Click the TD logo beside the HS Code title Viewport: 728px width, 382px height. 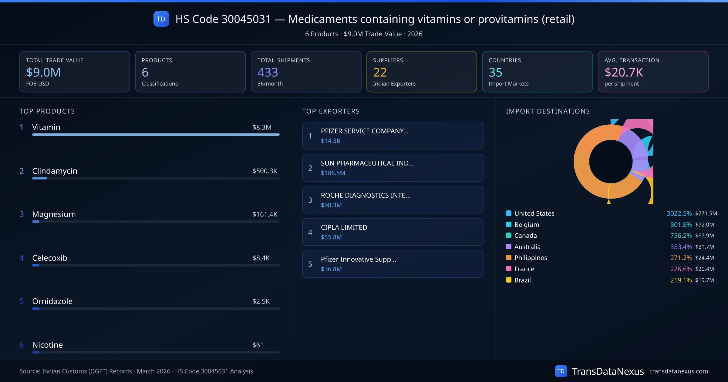[x=161, y=19]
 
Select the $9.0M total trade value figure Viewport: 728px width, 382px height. [x=43, y=72]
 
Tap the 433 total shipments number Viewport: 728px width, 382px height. [x=268, y=72]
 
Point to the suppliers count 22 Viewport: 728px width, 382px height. [x=380, y=72]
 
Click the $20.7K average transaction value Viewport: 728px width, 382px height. [x=624, y=72]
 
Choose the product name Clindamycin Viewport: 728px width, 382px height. [x=55, y=171]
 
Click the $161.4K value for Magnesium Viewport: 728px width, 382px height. [x=265, y=214]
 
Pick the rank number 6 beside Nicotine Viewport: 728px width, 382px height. [x=22, y=345]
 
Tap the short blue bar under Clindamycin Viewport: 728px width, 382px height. [x=39, y=178]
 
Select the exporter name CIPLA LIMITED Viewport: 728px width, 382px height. [x=344, y=227]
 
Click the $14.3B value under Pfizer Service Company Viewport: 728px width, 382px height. [x=330, y=141]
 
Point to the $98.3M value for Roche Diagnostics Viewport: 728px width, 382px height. [x=331, y=205]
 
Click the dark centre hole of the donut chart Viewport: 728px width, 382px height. [x=610, y=162]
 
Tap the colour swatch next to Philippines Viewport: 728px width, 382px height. [x=509, y=258]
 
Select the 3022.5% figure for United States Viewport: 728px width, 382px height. [x=679, y=214]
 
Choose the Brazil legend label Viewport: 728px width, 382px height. [x=522, y=280]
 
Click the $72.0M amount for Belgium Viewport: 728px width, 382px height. [x=704, y=225]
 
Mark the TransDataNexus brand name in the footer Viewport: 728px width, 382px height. [x=608, y=371]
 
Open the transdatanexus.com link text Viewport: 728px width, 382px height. [x=679, y=371]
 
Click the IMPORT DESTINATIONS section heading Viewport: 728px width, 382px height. [x=548, y=111]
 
